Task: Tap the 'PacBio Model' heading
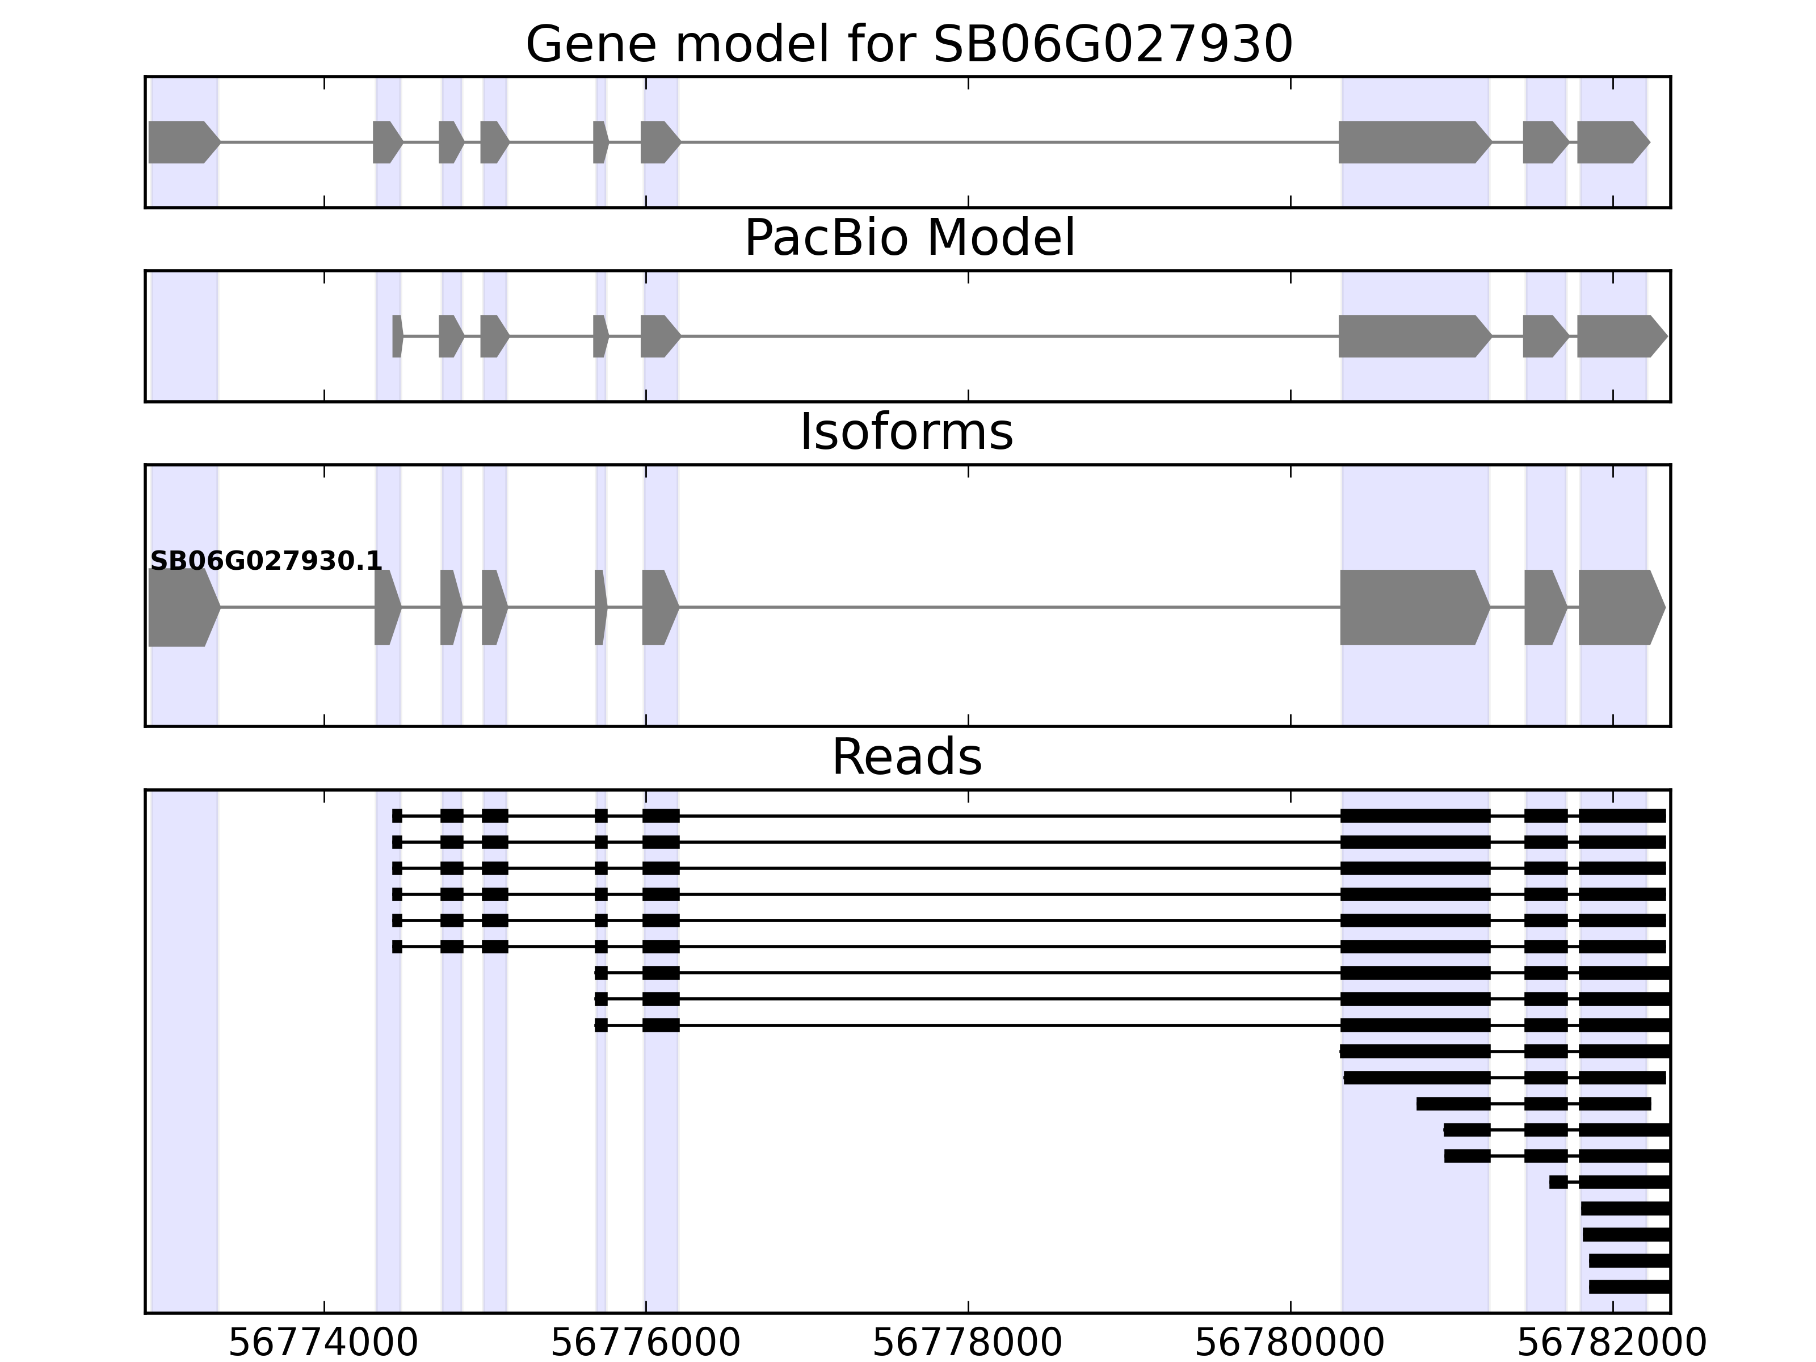click(909, 238)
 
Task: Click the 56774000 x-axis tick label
click(323, 1343)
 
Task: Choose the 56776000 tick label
click(645, 1343)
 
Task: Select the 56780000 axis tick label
click(1290, 1343)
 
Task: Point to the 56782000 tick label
click(1612, 1343)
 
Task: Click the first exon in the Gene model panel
click(182, 142)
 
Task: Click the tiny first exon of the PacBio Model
click(397, 336)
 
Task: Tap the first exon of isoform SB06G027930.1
click(182, 608)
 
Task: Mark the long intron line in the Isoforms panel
click(1010, 608)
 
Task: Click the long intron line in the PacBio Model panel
click(1010, 336)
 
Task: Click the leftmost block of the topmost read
click(397, 815)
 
